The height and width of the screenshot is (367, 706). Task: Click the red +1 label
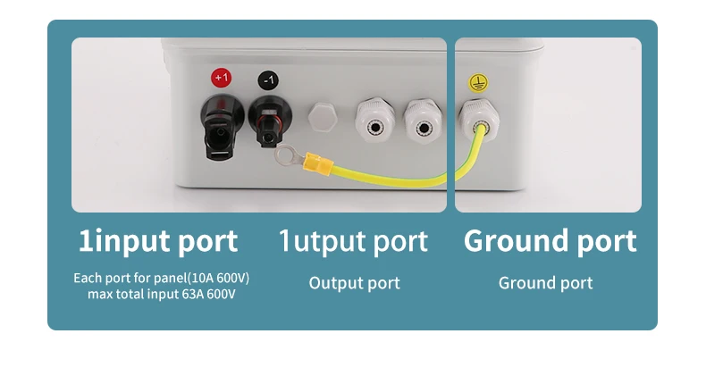221,78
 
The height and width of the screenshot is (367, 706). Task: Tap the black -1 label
268,80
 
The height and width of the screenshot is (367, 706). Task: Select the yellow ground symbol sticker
478,83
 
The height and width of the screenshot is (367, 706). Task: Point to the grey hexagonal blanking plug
323,117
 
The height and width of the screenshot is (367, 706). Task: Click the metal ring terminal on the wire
288,155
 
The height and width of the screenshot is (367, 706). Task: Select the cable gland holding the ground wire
479,119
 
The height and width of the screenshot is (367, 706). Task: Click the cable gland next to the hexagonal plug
375,120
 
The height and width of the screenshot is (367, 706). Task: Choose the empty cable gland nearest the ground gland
424,121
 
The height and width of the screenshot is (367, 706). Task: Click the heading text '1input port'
158,241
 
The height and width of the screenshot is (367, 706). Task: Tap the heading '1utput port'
353,241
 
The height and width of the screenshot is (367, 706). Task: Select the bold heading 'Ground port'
551,240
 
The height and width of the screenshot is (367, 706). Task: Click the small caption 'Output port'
355,283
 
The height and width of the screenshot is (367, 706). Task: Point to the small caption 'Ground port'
546,283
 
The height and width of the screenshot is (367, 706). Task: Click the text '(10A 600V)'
218,278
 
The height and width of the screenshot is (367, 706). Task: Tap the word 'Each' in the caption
88,278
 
